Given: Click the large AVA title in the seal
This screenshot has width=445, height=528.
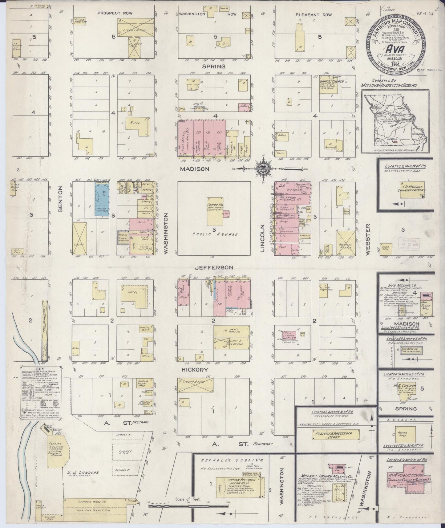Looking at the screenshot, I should tap(395, 49).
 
